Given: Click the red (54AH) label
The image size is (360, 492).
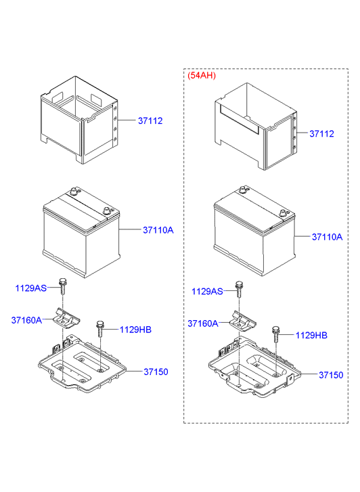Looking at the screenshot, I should point(201,75).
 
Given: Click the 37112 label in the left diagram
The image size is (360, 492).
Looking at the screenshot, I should point(150,120).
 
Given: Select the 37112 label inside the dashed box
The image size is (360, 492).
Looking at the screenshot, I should point(321,134).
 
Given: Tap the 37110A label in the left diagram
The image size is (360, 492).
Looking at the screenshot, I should point(158,230).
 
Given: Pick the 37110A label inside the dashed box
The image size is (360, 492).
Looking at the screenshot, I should point(327,237).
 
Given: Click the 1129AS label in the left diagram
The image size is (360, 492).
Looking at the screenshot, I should point(31,288).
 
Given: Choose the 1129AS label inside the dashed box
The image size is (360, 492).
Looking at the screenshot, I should point(206,291).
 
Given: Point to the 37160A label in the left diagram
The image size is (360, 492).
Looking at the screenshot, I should point(26,319).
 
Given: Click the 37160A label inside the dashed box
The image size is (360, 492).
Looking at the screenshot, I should point(202,323).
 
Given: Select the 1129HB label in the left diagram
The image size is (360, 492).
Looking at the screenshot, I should point(135,330).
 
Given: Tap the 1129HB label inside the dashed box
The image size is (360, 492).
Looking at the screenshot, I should point(311,335).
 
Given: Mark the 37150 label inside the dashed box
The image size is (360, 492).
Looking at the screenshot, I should point(332,374).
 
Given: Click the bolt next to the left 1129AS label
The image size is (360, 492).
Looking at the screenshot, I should point(63,286).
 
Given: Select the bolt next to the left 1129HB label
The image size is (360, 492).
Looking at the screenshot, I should point(101,328).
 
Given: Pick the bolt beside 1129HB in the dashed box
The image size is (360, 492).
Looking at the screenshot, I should point(276,334).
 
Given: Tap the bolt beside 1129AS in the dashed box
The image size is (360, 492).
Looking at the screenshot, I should point(238,288).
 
